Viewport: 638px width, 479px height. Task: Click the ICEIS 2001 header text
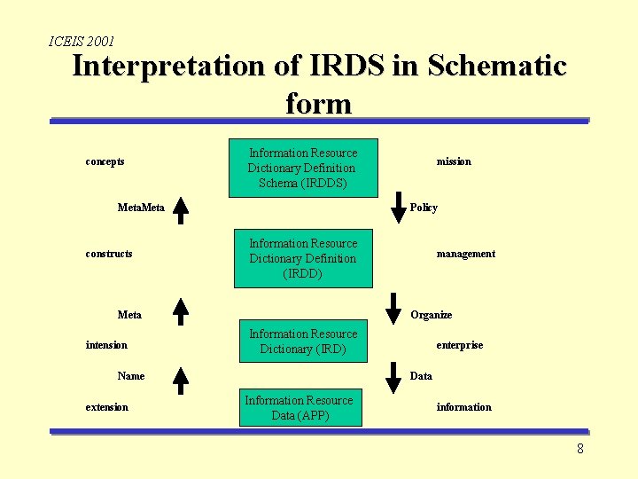point(82,41)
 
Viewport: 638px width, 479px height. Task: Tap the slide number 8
point(580,449)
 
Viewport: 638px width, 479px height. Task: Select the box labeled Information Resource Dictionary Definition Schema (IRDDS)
point(302,168)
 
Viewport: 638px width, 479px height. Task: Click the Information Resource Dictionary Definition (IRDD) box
point(302,258)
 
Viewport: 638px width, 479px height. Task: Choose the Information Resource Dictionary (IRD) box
point(302,342)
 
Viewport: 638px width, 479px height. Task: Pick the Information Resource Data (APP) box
point(299,408)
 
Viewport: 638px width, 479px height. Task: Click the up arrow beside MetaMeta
point(181,208)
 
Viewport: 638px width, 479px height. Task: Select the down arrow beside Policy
point(393,208)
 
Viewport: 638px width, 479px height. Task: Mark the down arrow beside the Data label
point(393,377)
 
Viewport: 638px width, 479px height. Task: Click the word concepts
point(105,161)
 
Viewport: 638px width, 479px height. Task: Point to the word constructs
point(109,254)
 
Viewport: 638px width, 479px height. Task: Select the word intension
point(106,345)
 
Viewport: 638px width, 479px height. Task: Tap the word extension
point(106,407)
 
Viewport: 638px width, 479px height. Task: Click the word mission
point(454,161)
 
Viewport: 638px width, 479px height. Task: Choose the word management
point(465,254)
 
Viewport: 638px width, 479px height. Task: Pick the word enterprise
point(459,345)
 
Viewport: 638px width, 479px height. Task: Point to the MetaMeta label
point(141,208)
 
